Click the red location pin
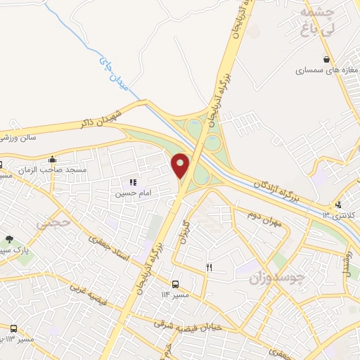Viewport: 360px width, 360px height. [x=181, y=165]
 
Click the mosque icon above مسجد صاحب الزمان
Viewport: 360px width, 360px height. [x=52, y=160]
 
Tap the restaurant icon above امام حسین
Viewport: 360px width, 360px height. [x=132, y=183]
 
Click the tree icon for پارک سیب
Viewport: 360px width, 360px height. [x=9, y=240]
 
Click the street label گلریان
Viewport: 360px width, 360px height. [x=186, y=231]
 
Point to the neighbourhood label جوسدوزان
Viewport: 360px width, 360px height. [x=278, y=278]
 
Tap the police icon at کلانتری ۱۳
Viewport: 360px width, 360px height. [x=338, y=205]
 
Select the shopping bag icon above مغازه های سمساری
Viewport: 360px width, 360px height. [x=326, y=59]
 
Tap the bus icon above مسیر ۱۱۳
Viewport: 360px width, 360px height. [x=13, y=328]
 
